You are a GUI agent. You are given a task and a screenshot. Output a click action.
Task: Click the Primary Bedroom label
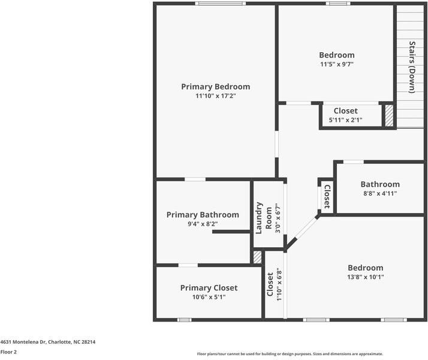pyautogui.click(x=216, y=86)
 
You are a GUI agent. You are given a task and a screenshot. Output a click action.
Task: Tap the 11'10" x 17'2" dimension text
pyautogui.click(x=216, y=96)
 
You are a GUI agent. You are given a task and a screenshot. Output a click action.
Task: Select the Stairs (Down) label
pyautogui.click(x=412, y=67)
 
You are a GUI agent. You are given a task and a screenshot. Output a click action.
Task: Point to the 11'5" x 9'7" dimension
pyautogui.click(x=337, y=64)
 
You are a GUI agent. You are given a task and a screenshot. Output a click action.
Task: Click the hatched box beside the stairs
pyautogui.click(x=389, y=116)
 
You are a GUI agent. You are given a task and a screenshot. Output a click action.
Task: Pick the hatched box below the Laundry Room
pyautogui.click(x=257, y=257)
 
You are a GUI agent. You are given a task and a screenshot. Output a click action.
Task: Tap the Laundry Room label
pyautogui.click(x=264, y=218)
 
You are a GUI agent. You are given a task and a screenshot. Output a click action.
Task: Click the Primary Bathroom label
pyautogui.click(x=203, y=215)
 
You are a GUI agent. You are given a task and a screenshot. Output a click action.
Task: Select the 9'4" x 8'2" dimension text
pyautogui.click(x=203, y=224)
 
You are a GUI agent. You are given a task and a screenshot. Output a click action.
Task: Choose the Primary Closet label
pyautogui.click(x=209, y=288)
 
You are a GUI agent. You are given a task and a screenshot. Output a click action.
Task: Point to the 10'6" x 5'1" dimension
pyautogui.click(x=209, y=297)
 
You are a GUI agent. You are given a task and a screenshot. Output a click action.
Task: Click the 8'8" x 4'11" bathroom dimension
pyautogui.click(x=380, y=193)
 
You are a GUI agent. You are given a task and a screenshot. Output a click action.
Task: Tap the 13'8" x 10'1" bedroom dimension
pyautogui.click(x=366, y=277)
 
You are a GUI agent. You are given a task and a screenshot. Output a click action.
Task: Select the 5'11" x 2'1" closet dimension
pyautogui.click(x=345, y=120)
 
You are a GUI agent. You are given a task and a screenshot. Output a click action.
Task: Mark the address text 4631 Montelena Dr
pyautogui.click(x=23, y=342)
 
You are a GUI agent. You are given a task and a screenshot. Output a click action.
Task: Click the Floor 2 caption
pyautogui.click(x=8, y=352)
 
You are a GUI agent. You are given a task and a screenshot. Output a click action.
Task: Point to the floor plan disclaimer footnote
pyautogui.click(x=290, y=354)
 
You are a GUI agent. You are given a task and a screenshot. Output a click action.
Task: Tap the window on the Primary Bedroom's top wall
pyautogui.click(x=220, y=4)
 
